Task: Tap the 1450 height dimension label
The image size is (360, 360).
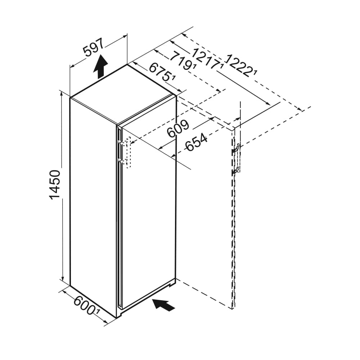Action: (55, 185)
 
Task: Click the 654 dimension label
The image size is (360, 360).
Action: (197, 143)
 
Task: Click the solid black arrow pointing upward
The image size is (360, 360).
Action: (100, 67)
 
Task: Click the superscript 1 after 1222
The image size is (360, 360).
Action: (255, 73)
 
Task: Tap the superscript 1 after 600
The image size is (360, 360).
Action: (98, 313)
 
